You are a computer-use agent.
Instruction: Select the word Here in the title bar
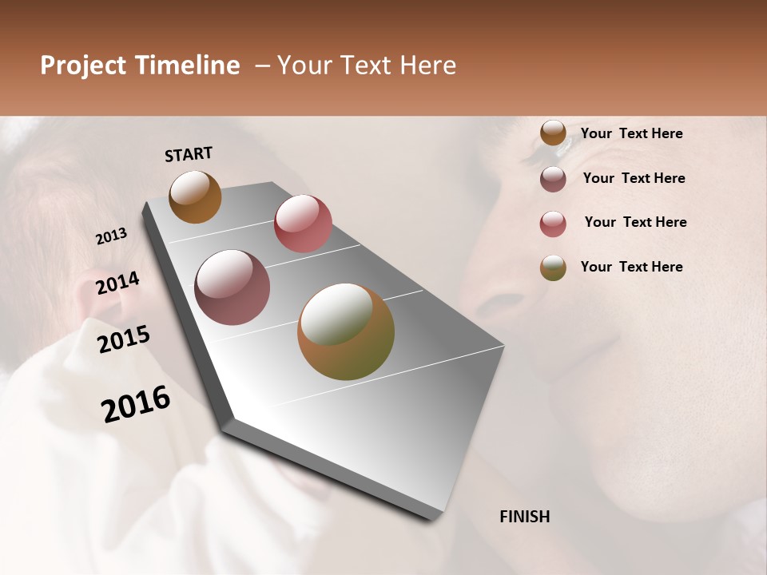click(x=427, y=65)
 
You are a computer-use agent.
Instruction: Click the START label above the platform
click(x=189, y=154)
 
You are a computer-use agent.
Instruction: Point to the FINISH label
click(x=525, y=517)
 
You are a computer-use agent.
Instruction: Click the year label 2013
click(x=112, y=236)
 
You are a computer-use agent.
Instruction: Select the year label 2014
click(x=117, y=283)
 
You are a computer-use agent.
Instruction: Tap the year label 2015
click(x=124, y=339)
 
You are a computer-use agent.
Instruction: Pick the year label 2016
click(x=136, y=404)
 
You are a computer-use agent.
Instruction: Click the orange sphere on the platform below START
click(x=195, y=196)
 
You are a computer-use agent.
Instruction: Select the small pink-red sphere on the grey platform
click(x=303, y=224)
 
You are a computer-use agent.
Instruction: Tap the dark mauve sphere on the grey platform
click(x=232, y=287)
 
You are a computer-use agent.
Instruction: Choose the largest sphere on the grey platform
click(x=346, y=331)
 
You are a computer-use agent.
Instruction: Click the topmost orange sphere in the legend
click(x=553, y=133)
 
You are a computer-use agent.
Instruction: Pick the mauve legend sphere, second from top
click(x=553, y=179)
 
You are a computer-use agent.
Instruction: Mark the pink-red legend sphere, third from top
click(x=553, y=224)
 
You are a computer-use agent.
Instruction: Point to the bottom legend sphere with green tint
click(x=553, y=268)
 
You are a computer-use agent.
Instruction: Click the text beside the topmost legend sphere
click(x=632, y=133)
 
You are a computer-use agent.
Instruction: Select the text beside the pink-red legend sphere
click(x=635, y=222)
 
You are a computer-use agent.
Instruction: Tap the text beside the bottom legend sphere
click(x=632, y=267)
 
